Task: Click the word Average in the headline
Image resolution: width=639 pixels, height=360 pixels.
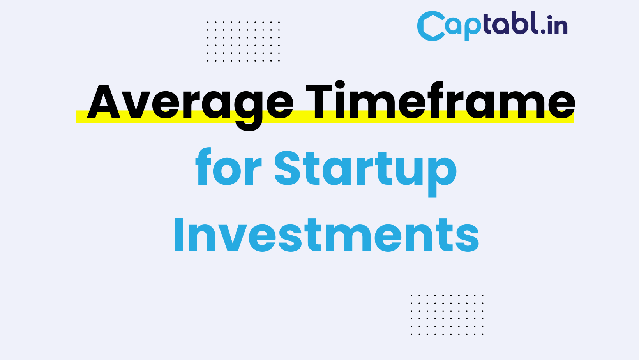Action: coord(190,102)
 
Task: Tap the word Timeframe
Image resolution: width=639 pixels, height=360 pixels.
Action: coord(440,101)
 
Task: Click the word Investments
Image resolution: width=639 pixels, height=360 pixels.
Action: coord(326,235)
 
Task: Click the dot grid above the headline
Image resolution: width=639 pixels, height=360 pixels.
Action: coord(244,41)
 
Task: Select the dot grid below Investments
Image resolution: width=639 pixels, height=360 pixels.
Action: coord(447,314)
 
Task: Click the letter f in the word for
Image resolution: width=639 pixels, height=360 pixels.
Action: coord(204,167)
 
